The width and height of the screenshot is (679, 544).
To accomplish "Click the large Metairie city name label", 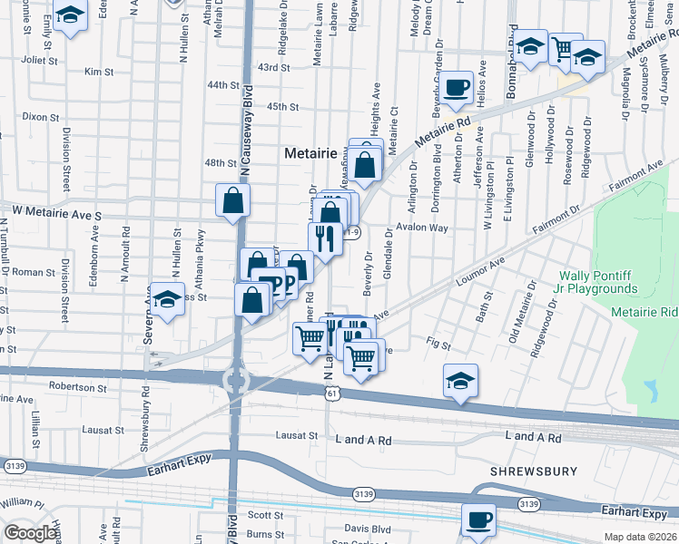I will click(x=313, y=153).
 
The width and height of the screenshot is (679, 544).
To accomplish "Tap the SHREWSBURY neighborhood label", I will click(x=532, y=472).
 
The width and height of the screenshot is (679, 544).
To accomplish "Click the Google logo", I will click(x=30, y=533).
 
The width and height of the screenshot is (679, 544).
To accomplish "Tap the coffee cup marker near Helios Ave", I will click(x=457, y=89).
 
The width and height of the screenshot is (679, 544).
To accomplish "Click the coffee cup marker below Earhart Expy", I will click(x=478, y=520).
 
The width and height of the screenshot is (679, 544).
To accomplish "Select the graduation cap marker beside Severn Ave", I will click(x=167, y=299).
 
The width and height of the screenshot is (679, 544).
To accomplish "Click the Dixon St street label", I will click(x=40, y=117).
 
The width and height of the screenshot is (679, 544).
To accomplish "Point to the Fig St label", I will click(x=438, y=343).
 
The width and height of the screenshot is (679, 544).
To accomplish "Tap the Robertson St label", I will click(x=77, y=387).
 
